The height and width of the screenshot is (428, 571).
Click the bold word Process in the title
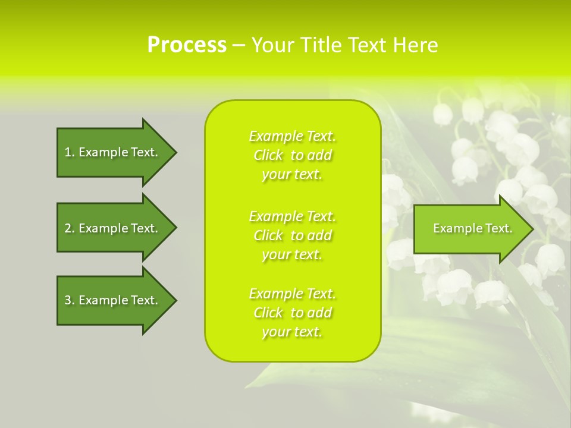click(x=187, y=45)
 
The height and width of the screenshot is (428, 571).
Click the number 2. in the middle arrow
click(x=70, y=228)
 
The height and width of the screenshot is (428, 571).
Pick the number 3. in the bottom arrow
click(x=70, y=300)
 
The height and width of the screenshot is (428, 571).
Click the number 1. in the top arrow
click(x=70, y=152)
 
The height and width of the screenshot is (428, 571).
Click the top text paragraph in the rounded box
click(x=292, y=155)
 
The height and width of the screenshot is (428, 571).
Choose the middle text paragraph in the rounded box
click(x=292, y=235)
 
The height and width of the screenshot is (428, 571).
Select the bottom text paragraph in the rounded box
click(x=292, y=313)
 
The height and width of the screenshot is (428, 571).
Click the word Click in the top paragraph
click(x=268, y=155)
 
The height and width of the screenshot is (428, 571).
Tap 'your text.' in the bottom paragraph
click(x=292, y=332)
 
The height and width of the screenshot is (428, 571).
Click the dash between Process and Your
click(x=239, y=45)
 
